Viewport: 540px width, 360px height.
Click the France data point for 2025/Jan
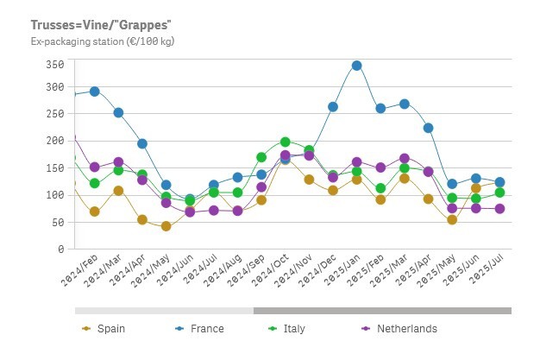[x=356, y=66]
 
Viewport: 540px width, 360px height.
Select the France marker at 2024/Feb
[x=95, y=92]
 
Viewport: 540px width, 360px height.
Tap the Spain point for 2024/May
[x=166, y=226]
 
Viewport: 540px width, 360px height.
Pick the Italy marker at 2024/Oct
[x=285, y=142]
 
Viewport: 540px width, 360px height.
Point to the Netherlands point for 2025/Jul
[x=499, y=209]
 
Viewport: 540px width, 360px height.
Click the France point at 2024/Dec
[x=333, y=107]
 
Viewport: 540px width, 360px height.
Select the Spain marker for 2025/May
[x=451, y=219]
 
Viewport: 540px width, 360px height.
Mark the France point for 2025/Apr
[x=428, y=128]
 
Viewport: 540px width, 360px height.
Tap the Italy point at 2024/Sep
[x=261, y=157]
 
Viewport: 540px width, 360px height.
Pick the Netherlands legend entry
[x=406, y=329]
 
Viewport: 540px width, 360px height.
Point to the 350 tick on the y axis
[x=55, y=66]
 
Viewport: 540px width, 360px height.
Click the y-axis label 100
[x=55, y=195]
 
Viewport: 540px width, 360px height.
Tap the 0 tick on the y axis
[x=60, y=249]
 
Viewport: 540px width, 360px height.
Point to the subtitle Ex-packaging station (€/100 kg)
[x=103, y=41]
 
